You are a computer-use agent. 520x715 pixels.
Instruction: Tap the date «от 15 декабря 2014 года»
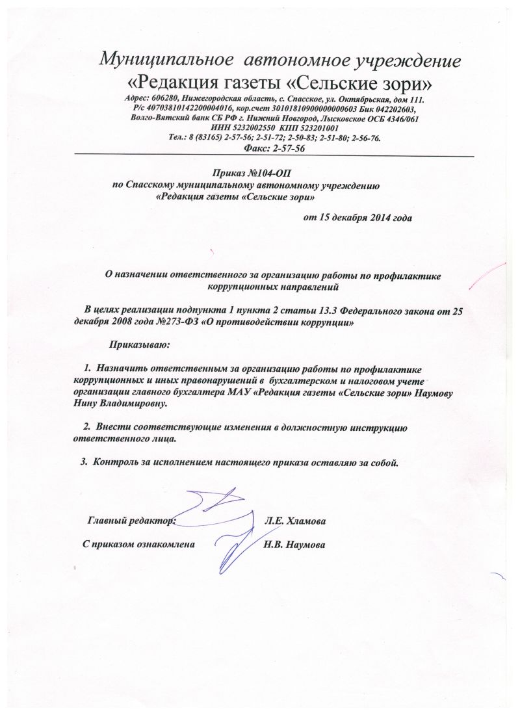point(357,217)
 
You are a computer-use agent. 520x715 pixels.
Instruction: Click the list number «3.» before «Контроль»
point(83,463)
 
